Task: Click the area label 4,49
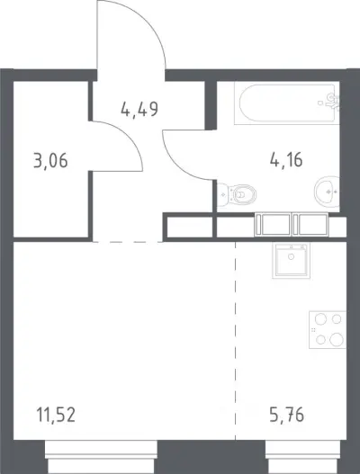pyautogui.click(x=139, y=109)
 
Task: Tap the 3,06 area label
pyautogui.click(x=50, y=161)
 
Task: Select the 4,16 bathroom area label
pyautogui.click(x=286, y=160)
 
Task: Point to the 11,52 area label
pyautogui.click(x=56, y=415)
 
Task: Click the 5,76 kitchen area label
pyautogui.click(x=286, y=415)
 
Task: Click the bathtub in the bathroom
pyautogui.click(x=286, y=103)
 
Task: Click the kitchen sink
pyautogui.click(x=291, y=260)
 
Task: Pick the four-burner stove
pyautogui.click(x=328, y=330)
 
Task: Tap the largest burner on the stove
pyautogui.click(x=337, y=340)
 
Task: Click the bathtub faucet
pyautogui.click(x=332, y=101)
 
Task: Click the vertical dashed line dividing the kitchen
pyautogui.click(x=236, y=341)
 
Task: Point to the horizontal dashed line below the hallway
pyautogui.click(x=128, y=242)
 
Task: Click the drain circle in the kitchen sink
pyautogui.click(x=291, y=256)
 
